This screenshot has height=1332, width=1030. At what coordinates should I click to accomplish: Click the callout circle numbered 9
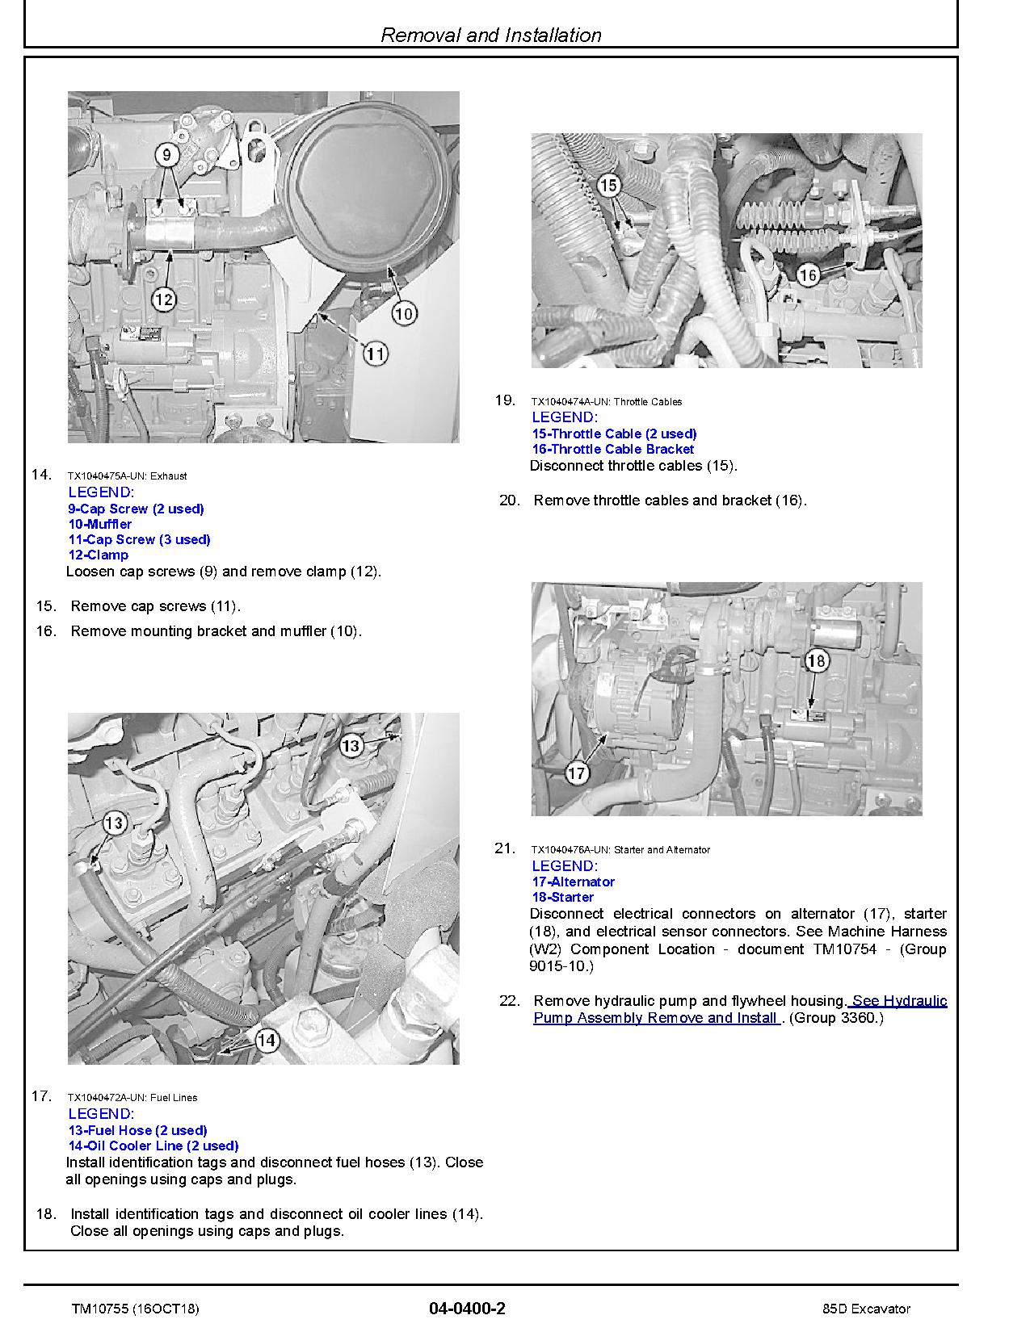(x=165, y=153)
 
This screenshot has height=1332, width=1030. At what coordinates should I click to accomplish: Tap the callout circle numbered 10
(x=404, y=312)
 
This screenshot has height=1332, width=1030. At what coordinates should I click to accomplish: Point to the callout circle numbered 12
(x=164, y=299)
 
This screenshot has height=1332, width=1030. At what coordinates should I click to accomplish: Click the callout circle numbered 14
(x=267, y=1041)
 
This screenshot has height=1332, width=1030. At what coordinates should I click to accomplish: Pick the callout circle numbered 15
(x=608, y=186)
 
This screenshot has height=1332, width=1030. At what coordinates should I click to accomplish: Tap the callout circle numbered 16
(x=808, y=274)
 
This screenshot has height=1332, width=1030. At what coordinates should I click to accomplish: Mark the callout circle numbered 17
(x=576, y=773)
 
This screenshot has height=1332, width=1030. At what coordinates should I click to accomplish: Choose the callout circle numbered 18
(x=817, y=661)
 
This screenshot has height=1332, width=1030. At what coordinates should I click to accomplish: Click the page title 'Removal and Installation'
(x=491, y=35)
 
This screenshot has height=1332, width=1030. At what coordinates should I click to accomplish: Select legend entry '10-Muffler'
(x=100, y=524)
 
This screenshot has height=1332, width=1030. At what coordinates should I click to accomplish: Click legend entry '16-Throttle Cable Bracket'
(x=612, y=449)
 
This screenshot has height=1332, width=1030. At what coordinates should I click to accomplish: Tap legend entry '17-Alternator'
(x=573, y=882)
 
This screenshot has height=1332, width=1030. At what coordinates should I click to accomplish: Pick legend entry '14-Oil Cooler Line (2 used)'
(x=153, y=1146)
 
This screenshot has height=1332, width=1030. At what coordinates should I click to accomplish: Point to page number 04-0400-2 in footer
(x=468, y=1309)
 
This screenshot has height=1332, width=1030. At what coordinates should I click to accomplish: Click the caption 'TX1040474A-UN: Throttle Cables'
(x=606, y=401)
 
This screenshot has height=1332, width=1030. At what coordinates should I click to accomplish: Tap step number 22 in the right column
(x=509, y=1001)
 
